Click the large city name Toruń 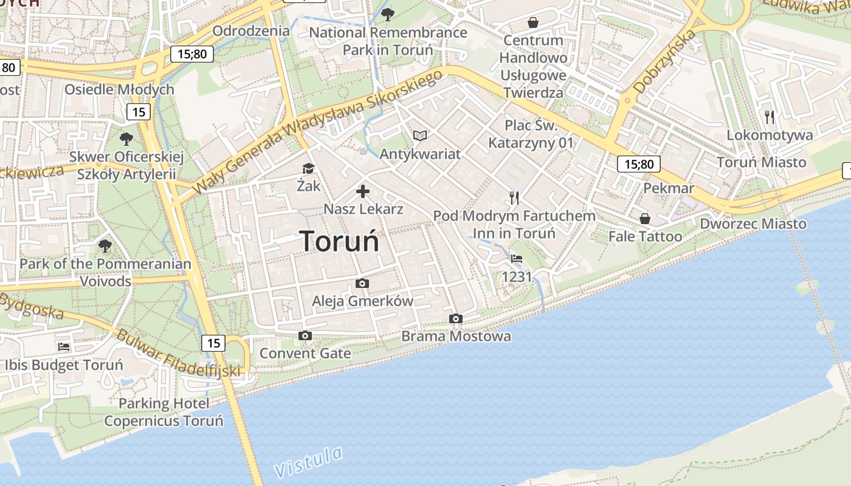click(339, 241)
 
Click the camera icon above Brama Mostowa click(456, 318)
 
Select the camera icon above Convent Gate click(305, 335)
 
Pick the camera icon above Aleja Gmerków click(362, 283)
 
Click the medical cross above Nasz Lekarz click(363, 192)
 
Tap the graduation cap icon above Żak click(308, 169)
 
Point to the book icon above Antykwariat click(420, 136)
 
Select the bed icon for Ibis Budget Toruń click(64, 347)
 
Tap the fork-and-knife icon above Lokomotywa click(770, 117)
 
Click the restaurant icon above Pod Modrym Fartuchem click(514, 198)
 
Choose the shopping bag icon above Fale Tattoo click(645, 219)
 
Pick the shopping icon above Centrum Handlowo click(533, 22)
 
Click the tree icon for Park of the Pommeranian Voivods click(105, 246)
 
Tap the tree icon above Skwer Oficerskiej click(126, 139)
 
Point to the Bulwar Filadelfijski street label click(177, 354)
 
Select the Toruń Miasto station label click(761, 162)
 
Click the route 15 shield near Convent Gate click(213, 343)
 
